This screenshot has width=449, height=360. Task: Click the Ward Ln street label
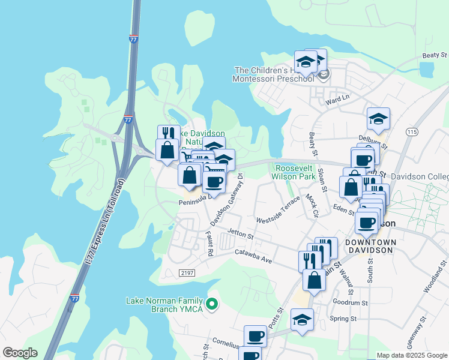[x=337, y=98]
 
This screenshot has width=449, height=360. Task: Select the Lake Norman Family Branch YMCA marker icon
[x=211, y=305]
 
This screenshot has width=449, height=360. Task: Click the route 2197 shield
[x=186, y=272]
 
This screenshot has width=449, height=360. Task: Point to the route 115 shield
[x=411, y=131]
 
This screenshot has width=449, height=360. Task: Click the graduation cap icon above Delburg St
[x=378, y=118]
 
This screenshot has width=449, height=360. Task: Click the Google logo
[x=20, y=353]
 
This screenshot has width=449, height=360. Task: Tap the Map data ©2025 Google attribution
[x=412, y=355]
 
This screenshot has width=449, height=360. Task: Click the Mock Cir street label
[x=311, y=205]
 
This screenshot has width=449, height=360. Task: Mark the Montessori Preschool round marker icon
[x=324, y=75]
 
